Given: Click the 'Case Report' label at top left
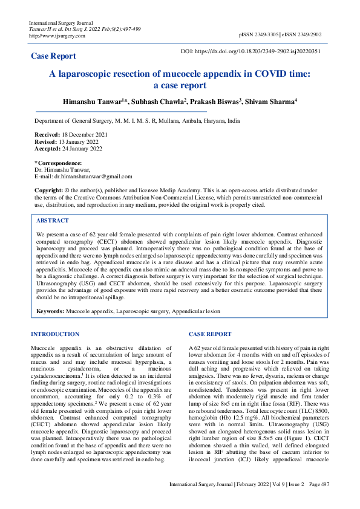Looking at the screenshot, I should point(53,56).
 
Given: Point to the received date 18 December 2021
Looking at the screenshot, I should point(82,134).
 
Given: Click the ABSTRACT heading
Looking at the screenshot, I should point(53,221).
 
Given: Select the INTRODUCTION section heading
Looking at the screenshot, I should point(55,334).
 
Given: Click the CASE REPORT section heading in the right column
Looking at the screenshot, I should point(210,334).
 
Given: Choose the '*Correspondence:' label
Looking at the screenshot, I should point(58,163).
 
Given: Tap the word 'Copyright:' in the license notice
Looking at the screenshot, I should point(49,190).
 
